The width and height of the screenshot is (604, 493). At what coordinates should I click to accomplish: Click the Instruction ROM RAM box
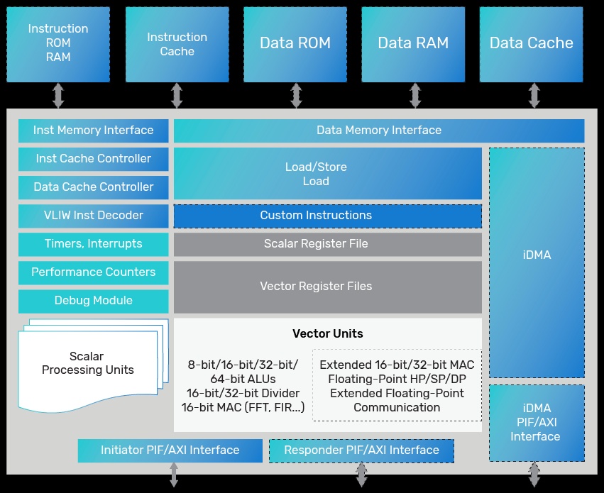(x=58, y=43)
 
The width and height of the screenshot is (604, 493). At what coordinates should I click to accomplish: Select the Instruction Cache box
(x=177, y=43)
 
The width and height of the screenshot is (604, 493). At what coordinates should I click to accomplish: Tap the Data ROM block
(x=295, y=43)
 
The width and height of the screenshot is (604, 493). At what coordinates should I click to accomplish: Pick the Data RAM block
(x=413, y=43)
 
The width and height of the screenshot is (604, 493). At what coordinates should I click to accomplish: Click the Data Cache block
(x=532, y=43)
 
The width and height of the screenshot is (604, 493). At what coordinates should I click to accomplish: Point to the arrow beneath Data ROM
(x=296, y=96)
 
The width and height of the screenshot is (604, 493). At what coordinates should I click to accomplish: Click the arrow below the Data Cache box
(x=534, y=96)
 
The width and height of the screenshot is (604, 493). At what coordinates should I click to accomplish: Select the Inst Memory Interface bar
(x=94, y=131)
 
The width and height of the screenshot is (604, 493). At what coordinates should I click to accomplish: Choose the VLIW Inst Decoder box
(x=94, y=216)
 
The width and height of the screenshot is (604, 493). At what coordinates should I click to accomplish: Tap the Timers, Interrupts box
(x=94, y=244)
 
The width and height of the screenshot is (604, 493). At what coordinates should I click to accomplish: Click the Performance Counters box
(x=94, y=272)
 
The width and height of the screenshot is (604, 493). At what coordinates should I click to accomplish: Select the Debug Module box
(x=94, y=301)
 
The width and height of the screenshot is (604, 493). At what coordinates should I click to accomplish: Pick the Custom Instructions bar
(x=327, y=216)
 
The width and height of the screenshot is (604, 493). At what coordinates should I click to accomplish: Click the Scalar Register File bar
(x=327, y=244)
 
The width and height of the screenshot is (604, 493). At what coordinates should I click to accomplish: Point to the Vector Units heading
(x=327, y=334)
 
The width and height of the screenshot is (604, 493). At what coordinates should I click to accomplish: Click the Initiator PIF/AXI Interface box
(x=170, y=450)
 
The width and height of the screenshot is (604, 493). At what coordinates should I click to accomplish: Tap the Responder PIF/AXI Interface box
(x=361, y=450)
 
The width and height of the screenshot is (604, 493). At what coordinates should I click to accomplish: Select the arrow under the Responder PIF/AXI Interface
(x=361, y=475)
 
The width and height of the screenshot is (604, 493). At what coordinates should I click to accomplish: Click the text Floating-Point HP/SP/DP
(x=397, y=380)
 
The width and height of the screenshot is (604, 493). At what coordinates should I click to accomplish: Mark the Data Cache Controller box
(x=94, y=187)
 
